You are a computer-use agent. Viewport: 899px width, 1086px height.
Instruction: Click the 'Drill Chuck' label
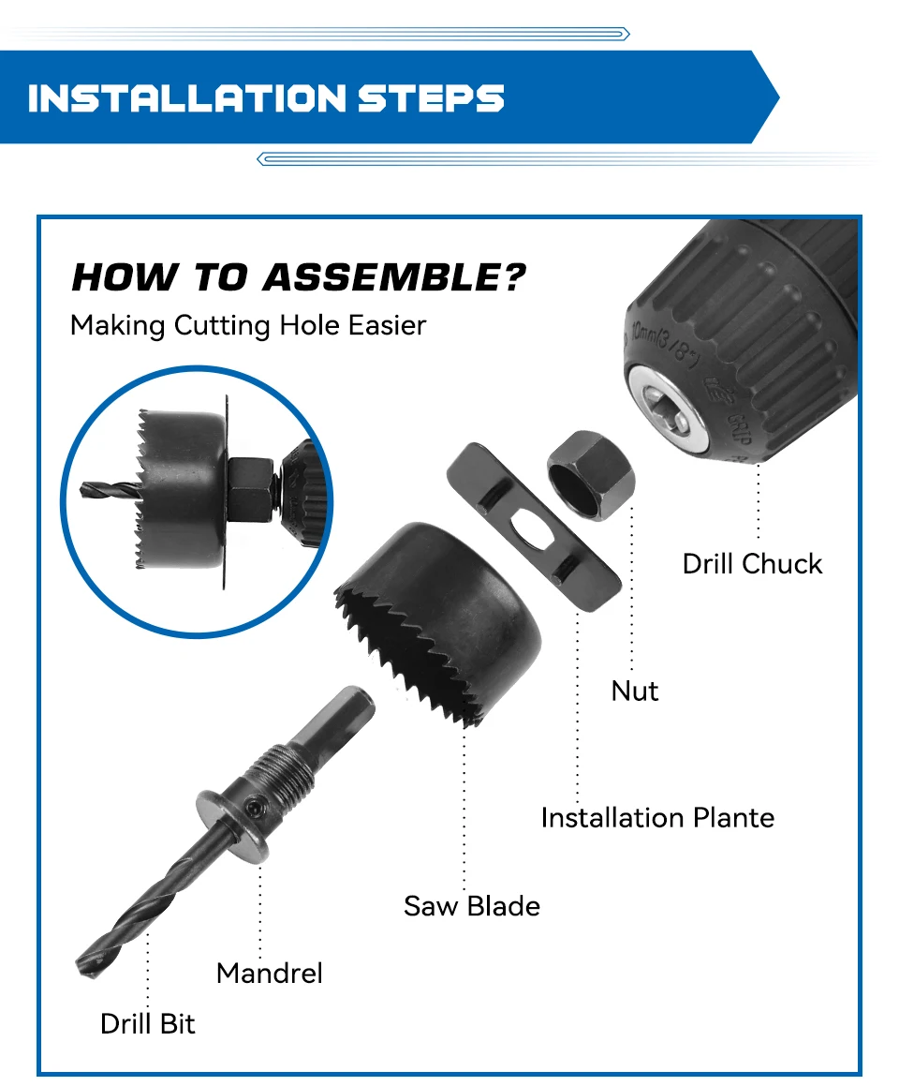pos(752,564)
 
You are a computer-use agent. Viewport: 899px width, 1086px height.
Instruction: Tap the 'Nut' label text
pos(635,691)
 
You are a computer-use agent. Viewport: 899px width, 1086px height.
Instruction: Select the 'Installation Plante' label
pos(657,817)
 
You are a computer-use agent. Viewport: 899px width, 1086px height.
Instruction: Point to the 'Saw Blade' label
pos(472,906)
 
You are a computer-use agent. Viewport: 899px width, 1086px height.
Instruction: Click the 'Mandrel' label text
pos(269,974)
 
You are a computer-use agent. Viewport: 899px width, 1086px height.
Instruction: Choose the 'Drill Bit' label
pos(147,1023)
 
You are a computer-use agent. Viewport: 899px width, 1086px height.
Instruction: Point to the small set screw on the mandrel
pos(254,807)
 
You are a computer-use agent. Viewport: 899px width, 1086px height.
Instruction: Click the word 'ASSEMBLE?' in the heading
pos(394,277)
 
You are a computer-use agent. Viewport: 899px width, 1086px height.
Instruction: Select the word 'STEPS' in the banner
pos(431,97)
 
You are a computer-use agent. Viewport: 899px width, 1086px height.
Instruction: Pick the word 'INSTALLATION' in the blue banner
pos(187,97)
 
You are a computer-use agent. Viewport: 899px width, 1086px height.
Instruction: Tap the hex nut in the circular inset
pos(251,489)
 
